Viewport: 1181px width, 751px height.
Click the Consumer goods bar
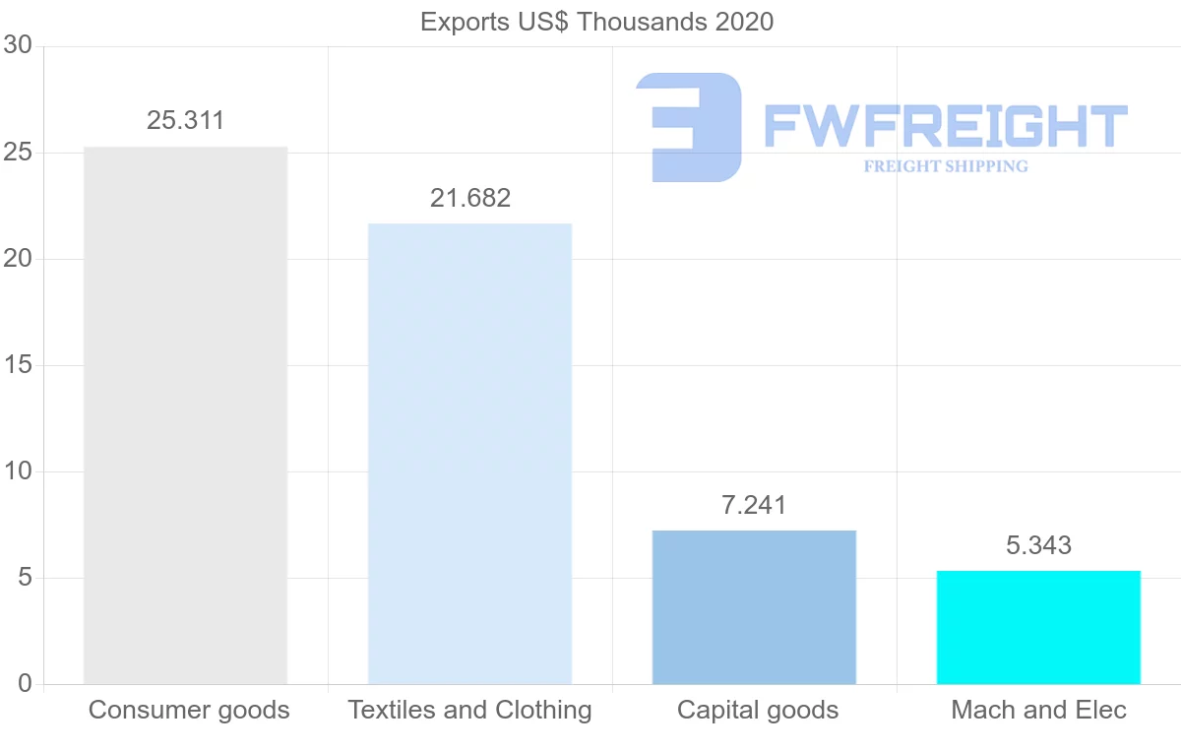185,415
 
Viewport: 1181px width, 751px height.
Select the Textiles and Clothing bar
469,453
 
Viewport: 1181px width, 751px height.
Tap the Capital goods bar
754,606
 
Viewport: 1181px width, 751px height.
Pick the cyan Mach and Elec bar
1038,627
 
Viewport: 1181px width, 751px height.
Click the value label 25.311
186,121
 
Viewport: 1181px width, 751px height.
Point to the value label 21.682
470,198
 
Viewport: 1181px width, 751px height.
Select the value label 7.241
754,505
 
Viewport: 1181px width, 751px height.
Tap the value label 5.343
1038,545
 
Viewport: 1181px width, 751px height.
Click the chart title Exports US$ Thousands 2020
597,22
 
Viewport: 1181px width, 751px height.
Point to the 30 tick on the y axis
18,46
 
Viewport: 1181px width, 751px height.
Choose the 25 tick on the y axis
18,153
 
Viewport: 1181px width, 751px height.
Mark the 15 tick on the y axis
18,365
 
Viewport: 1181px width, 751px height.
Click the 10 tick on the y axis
18,471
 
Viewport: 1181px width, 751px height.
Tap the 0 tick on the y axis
25,684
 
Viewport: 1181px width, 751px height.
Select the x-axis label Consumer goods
189,710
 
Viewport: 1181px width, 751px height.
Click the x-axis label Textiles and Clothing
469,710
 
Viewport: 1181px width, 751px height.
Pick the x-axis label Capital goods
758,710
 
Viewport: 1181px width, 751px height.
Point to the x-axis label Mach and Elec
1038,710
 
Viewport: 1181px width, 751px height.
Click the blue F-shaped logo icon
689,127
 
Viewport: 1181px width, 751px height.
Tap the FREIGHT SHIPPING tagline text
946,166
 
